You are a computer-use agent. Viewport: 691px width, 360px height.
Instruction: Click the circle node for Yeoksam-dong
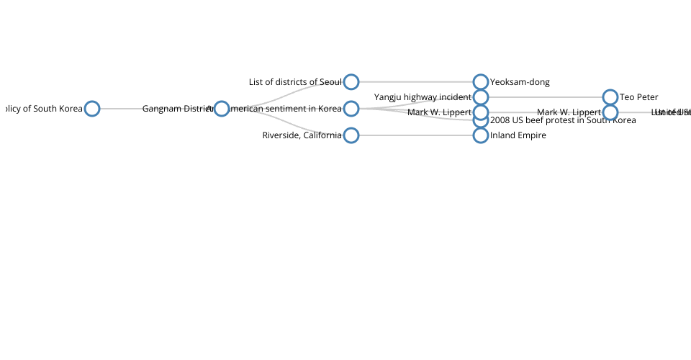click(480, 82)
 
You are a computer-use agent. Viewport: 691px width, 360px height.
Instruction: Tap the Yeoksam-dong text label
click(520, 82)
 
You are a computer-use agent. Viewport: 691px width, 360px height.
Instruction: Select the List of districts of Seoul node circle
click(351, 82)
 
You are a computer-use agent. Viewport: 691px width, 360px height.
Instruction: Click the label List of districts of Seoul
click(295, 82)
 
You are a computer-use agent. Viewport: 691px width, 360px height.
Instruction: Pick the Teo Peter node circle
click(610, 97)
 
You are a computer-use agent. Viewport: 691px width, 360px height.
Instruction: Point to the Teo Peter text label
click(639, 97)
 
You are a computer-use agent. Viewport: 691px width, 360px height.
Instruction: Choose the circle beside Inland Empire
click(480, 135)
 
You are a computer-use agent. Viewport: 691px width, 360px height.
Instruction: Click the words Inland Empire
click(518, 135)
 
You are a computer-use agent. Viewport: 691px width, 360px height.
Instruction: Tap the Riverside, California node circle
click(351, 135)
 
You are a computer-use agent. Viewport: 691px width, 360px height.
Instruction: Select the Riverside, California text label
click(302, 135)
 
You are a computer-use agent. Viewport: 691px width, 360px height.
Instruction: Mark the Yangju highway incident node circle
click(480, 97)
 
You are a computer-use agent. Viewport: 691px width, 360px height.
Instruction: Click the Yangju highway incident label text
click(423, 97)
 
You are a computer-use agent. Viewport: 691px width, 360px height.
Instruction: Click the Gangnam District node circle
click(221, 109)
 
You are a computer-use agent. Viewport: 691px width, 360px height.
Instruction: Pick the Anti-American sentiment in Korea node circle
click(351, 109)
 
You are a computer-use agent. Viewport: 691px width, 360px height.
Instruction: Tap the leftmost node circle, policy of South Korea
click(91, 109)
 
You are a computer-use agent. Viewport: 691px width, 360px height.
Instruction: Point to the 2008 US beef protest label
click(563, 120)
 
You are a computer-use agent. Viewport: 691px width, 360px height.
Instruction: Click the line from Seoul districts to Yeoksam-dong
click(415, 82)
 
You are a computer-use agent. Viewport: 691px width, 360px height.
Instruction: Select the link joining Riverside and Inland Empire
click(415, 135)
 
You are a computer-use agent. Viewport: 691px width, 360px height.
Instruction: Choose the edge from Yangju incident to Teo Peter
click(545, 97)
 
